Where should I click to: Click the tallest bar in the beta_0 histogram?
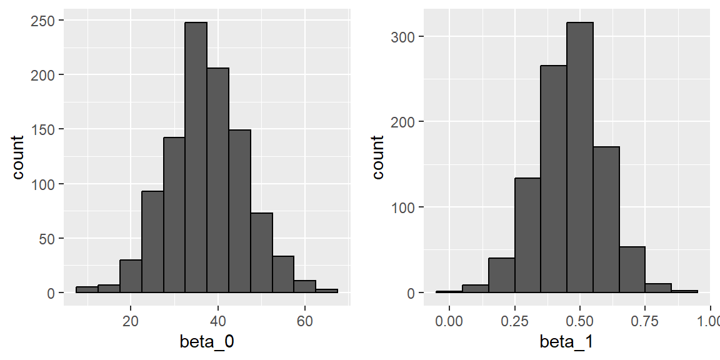tap(196, 156)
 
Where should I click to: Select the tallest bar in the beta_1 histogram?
tap(580, 156)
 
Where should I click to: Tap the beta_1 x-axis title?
tap(567, 342)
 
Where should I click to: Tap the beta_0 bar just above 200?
tap(217, 181)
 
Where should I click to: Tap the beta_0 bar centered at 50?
tap(261, 253)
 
